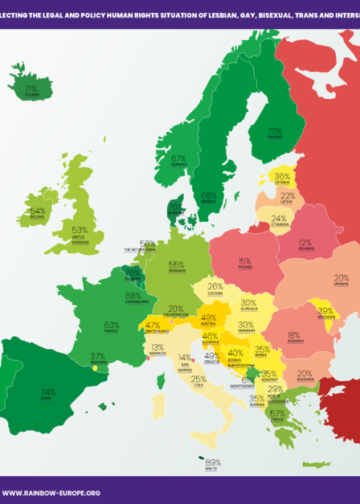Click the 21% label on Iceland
[31, 89]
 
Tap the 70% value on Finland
[274, 130]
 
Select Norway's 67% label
[178, 158]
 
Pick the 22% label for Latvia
[288, 196]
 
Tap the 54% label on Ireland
[37, 212]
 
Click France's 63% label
[112, 324]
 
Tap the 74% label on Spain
[47, 393]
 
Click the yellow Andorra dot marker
[96, 367]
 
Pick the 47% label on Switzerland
[153, 325]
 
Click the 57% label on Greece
[277, 413]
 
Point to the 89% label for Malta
[212, 462]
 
